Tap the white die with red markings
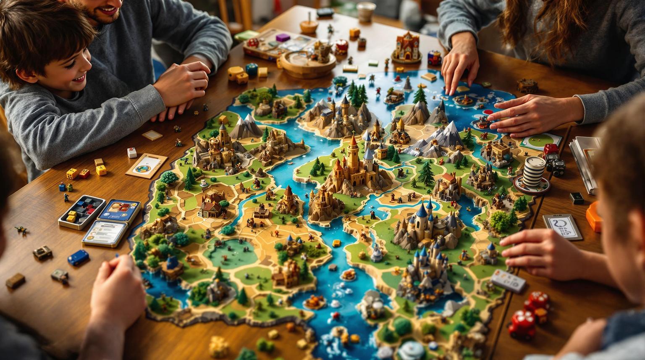pos(132,152)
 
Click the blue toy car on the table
pos(78,257)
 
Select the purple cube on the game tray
pos(283,37)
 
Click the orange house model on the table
pos(406,46)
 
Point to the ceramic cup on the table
pos(366,11)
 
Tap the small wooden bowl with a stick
pos(309,26)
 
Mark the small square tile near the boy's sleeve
pos(152,135)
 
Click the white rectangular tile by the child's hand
pos(508,280)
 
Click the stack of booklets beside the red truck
pos(585,164)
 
